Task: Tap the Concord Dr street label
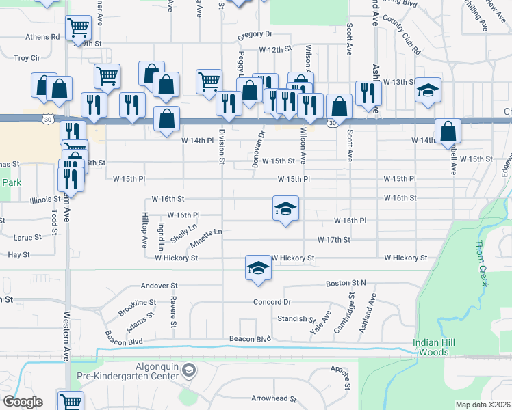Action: pyautogui.click(x=272, y=302)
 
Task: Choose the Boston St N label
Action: pyautogui.click(x=346, y=283)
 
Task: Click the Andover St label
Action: pyautogui.click(x=159, y=286)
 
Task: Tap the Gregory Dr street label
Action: pyautogui.click(x=255, y=34)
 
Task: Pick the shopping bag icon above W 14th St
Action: pyautogui.click(x=448, y=131)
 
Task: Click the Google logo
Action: pyautogui.click(x=23, y=402)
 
